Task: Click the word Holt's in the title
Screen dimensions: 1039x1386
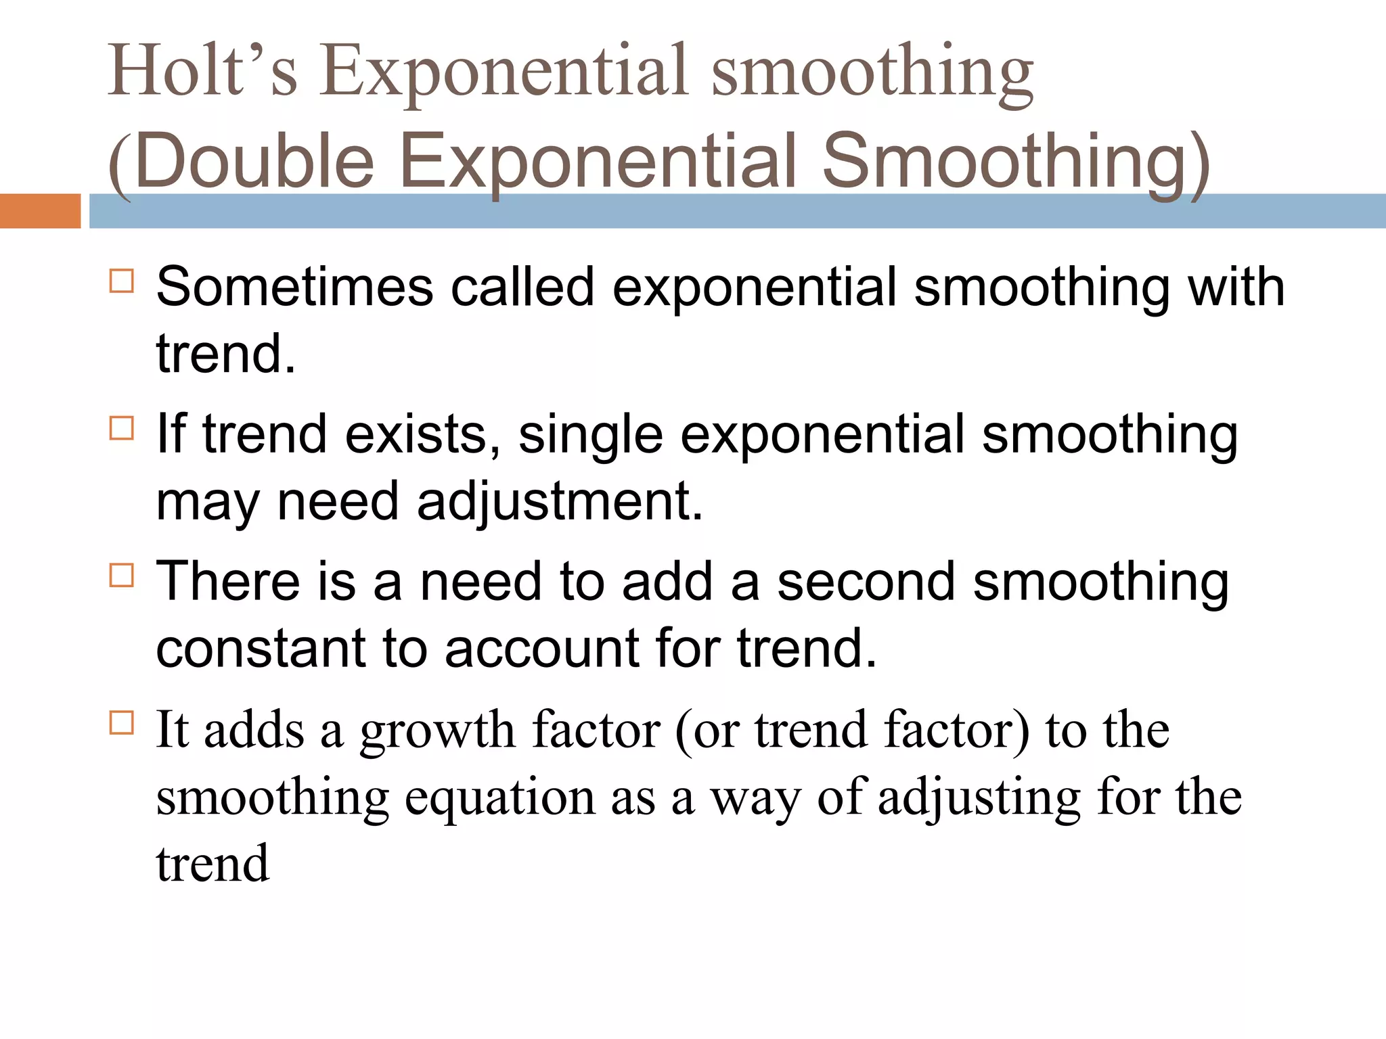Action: pyautogui.click(x=202, y=71)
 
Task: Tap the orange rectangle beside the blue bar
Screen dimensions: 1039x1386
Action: pyautogui.click(x=40, y=211)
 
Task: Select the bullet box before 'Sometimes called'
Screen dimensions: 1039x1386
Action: pyautogui.click(x=122, y=280)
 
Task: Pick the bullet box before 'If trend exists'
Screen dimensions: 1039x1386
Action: pyautogui.click(x=122, y=428)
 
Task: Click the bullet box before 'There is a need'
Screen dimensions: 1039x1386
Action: pyautogui.click(x=122, y=576)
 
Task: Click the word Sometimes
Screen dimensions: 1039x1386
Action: pyautogui.click(x=294, y=287)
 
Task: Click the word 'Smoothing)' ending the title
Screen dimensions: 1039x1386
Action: pyautogui.click(x=1015, y=162)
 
